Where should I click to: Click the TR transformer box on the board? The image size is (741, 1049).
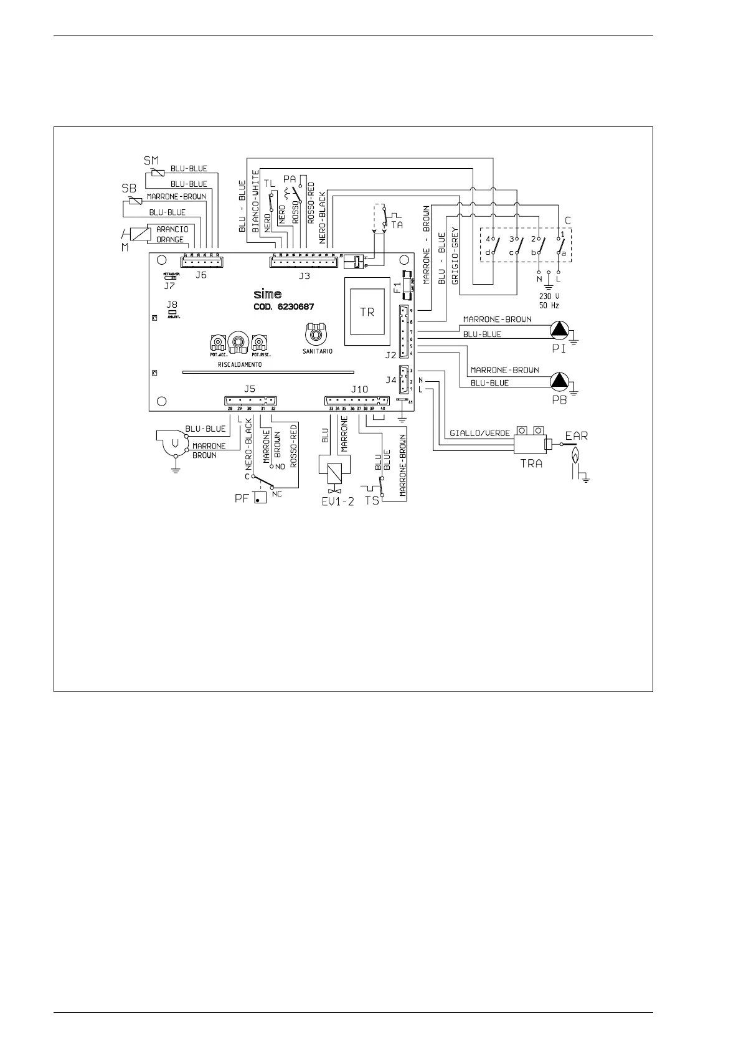(x=367, y=311)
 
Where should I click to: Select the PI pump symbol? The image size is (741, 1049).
(x=560, y=330)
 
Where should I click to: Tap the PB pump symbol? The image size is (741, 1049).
(x=560, y=381)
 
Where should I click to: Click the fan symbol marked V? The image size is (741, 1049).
(x=175, y=444)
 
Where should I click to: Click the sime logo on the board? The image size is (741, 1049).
(x=267, y=294)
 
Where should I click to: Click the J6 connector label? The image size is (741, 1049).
(x=201, y=275)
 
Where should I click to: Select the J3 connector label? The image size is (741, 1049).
(x=304, y=275)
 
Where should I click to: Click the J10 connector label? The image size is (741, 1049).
(x=359, y=389)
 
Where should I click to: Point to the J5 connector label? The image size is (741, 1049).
(x=249, y=389)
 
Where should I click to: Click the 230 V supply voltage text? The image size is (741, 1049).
(x=549, y=297)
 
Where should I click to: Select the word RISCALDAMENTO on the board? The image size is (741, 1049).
(x=240, y=364)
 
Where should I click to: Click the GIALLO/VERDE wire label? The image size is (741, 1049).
(x=479, y=433)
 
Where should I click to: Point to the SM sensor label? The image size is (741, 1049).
(x=151, y=160)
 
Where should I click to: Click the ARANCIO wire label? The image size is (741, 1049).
(x=172, y=229)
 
